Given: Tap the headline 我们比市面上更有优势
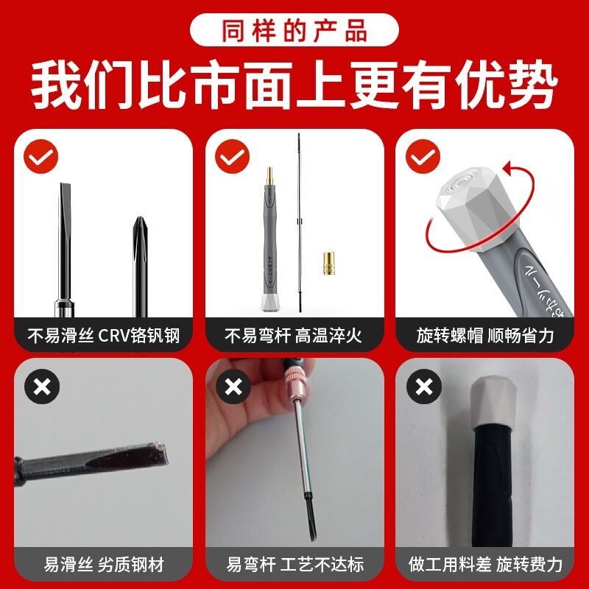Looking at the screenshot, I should tap(294, 86).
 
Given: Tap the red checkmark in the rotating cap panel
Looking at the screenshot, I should tap(423, 156).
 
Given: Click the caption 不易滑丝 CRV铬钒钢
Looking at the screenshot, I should tap(103, 336).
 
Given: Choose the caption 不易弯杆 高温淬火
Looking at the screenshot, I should tap(294, 336).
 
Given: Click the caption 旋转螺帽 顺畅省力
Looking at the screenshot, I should tap(485, 336).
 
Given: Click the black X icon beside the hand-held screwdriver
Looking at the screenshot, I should tap(233, 386).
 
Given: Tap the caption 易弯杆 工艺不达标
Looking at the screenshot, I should tap(294, 565).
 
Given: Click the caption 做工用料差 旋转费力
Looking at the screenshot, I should tap(485, 565).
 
